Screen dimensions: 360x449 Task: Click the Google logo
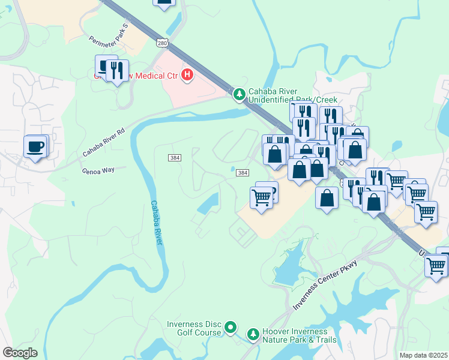(x=19, y=353)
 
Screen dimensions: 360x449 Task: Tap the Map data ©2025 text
(x=424, y=355)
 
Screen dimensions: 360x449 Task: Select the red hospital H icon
(x=187, y=75)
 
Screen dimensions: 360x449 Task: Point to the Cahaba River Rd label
(x=104, y=142)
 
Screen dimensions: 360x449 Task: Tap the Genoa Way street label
(x=97, y=170)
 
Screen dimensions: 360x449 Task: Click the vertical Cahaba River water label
(x=157, y=222)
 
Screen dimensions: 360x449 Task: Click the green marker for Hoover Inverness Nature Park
(x=253, y=333)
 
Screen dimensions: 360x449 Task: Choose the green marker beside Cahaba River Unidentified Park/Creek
(x=240, y=94)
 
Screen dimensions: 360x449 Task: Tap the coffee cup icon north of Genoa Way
(x=35, y=146)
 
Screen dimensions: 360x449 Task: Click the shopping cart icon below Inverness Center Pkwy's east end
(x=436, y=265)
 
